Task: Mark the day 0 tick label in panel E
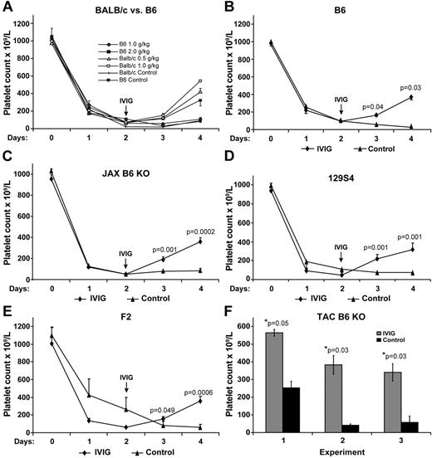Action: coord(52,440)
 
